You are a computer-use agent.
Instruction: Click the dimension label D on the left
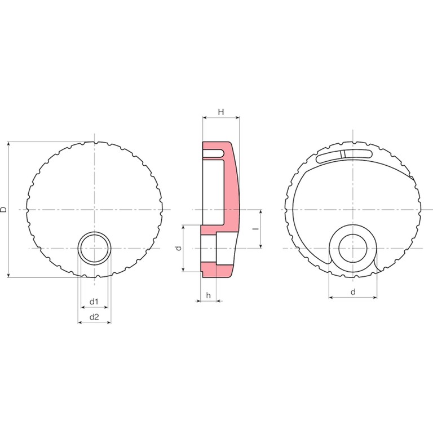4,209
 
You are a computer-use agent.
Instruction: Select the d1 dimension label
94,302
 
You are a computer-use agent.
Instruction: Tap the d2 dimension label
94,317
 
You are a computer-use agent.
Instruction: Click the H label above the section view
221,112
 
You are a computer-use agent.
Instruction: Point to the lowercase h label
209,295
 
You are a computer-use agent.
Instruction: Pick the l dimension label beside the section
257,228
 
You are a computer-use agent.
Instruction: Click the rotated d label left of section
179,248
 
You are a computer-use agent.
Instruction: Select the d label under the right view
353,292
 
